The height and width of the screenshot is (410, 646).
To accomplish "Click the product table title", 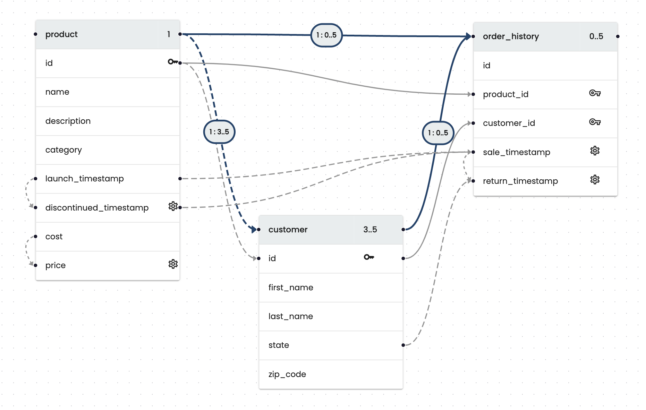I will coord(61,34).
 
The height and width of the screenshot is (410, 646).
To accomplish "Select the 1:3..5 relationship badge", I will coord(219,132).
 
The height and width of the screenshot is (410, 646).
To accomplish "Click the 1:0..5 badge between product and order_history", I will coord(326,35).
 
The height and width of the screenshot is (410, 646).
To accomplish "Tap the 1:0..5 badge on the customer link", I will coord(438,133).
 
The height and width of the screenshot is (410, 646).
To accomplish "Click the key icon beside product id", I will coord(172,62).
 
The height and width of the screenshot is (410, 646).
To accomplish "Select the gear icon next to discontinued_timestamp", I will coord(173,206).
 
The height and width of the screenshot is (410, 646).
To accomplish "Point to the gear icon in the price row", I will coord(173,264).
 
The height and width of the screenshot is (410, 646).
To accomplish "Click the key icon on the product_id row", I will coord(595,93).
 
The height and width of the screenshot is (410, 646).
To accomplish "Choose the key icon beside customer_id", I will coord(595,122).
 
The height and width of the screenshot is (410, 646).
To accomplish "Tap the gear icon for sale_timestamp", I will coord(595,151).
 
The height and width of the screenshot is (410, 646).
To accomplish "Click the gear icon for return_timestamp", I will coord(595,180).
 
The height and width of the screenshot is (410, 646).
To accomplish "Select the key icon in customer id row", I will coord(368,257).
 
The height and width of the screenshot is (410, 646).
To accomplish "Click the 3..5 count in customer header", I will coord(370,230).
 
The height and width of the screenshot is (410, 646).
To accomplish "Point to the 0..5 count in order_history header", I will coord(596,36).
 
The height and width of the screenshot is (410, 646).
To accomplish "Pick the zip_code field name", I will coord(287,374).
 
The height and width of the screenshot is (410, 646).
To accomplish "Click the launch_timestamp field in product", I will coord(84,179).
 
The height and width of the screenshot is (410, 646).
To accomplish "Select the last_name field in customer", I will coord(290,316).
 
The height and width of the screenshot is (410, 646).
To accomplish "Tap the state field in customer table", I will coord(279,345).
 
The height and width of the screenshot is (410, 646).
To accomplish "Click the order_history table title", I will coord(511,36).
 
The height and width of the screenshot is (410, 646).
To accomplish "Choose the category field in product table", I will coord(63,150).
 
